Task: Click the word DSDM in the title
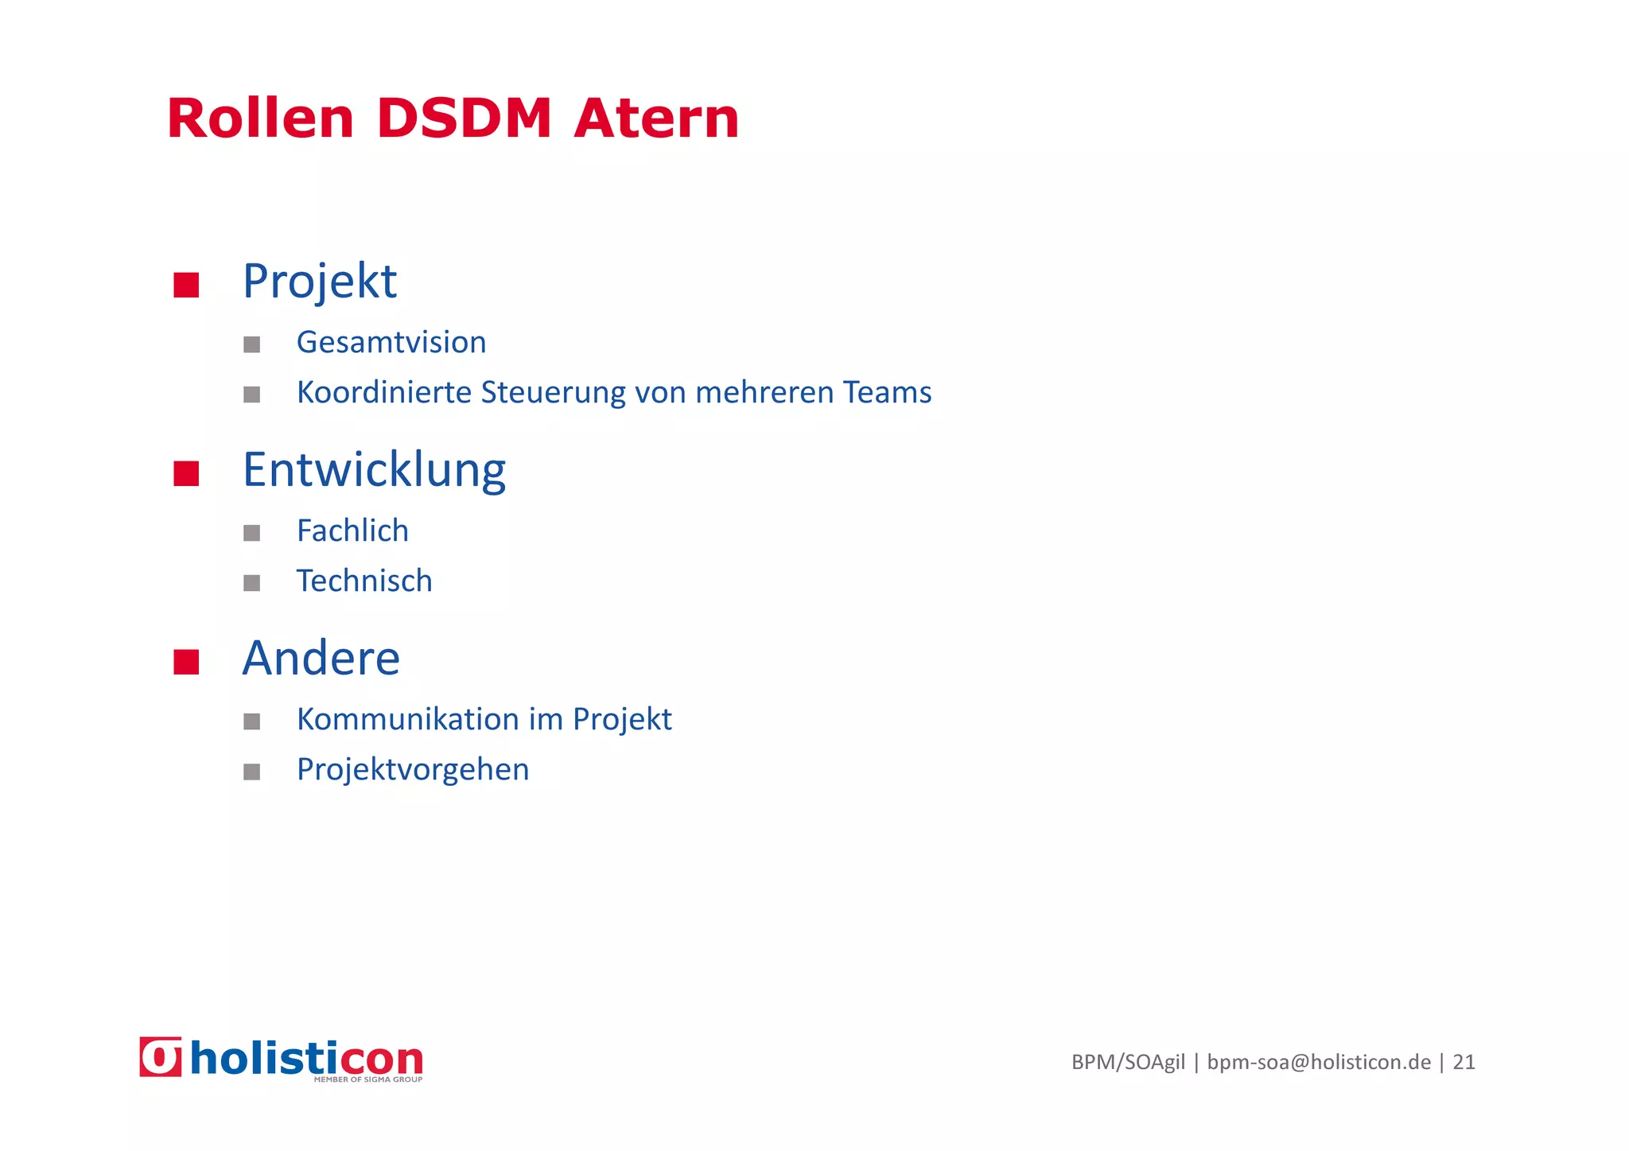[x=464, y=119]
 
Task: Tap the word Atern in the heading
[x=656, y=119]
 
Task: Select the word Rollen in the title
[x=260, y=119]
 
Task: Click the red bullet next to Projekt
[x=186, y=285]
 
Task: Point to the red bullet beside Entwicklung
[x=186, y=473]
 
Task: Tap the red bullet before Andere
[x=186, y=662]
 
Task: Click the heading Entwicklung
[x=374, y=470]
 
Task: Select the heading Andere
[x=321, y=659]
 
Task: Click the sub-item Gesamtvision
[x=391, y=343]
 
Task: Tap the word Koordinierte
[x=384, y=393]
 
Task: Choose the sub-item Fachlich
[x=352, y=531]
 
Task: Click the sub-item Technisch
[x=364, y=581]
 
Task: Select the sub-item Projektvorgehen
[x=413, y=770]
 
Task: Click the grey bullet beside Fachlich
[x=252, y=533]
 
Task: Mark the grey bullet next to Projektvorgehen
[x=252, y=772]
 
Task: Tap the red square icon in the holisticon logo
[x=161, y=1057]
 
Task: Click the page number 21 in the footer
[x=1464, y=1063]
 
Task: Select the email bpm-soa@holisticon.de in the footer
[x=1319, y=1063]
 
